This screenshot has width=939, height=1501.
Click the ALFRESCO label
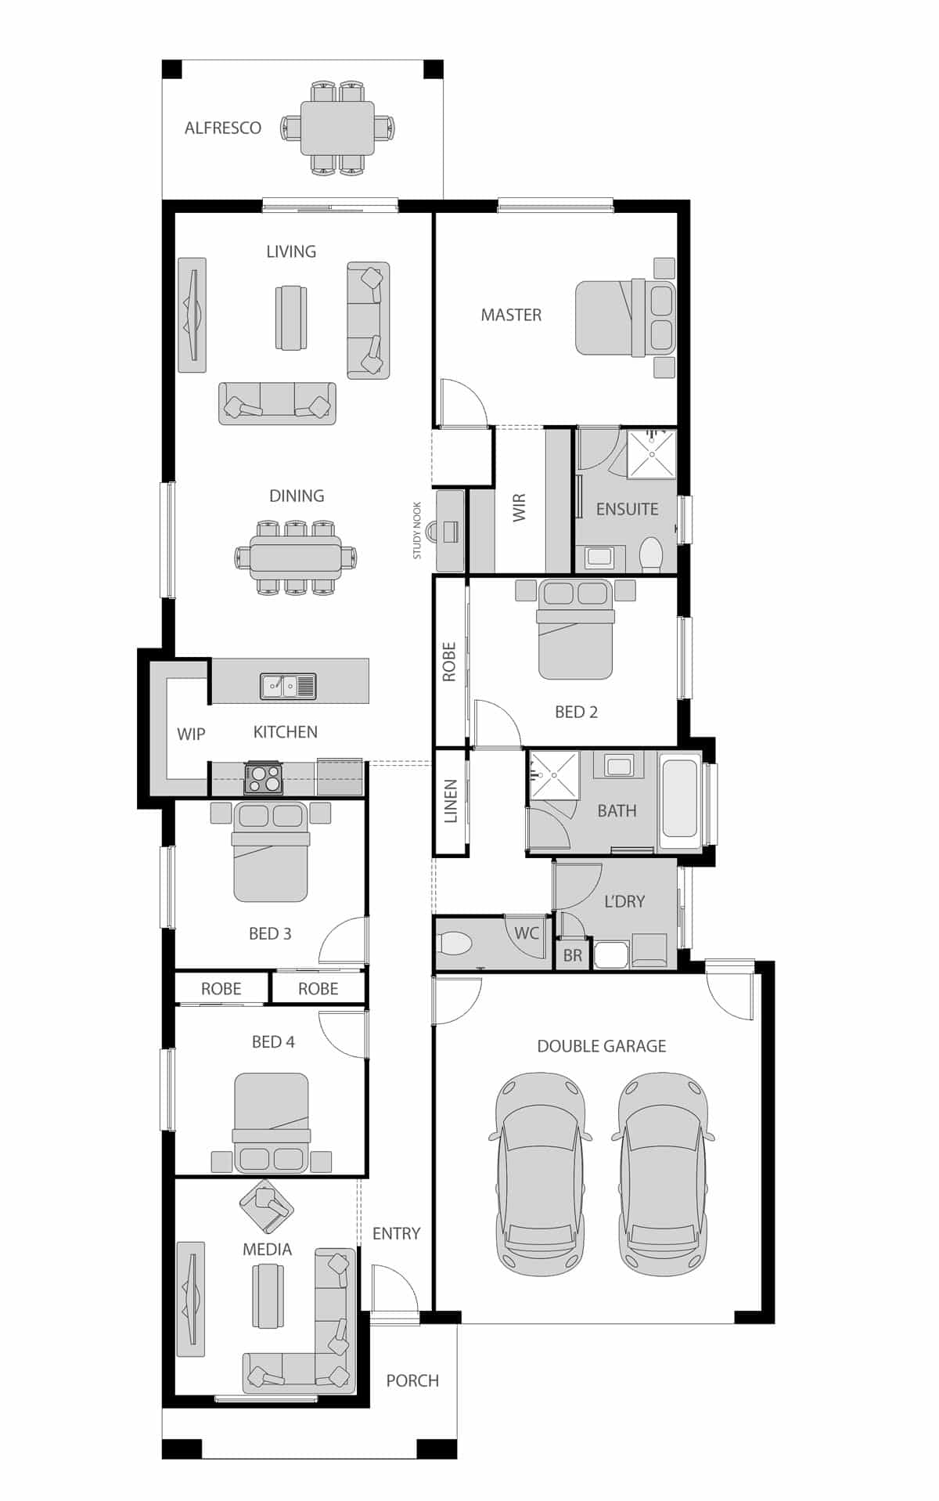pyautogui.click(x=222, y=128)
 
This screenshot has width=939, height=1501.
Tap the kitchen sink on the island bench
pyautogui.click(x=288, y=686)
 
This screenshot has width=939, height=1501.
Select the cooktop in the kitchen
pyautogui.click(x=264, y=778)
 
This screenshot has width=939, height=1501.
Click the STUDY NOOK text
pyautogui.click(x=417, y=530)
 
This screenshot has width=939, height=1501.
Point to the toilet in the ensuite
pyautogui.click(x=651, y=554)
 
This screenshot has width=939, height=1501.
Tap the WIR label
pyautogui.click(x=520, y=507)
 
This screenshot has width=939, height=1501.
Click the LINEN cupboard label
pyautogui.click(x=451, y=801)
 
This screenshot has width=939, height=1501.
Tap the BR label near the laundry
pyautogui.click(x=572, y=956)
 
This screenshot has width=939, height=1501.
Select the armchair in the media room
pyautogui.click(x=266, y=1206)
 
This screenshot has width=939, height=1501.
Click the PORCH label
pyautogui.click(x=412, y=1380)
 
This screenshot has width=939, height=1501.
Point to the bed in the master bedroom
pyautogui.click(x=624, y=318)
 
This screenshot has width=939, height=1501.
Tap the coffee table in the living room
pyautogui.click(x=291, y=318)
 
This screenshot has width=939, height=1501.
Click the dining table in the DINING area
pyautogui.click(x=296, y=557)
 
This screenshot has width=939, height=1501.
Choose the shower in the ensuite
pyautogui.click(x=652, y=453)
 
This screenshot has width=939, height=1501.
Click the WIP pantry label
pyautogui.click(x=191, y=734)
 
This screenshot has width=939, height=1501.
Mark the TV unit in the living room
pyautogui.click(x=192, y=315)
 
